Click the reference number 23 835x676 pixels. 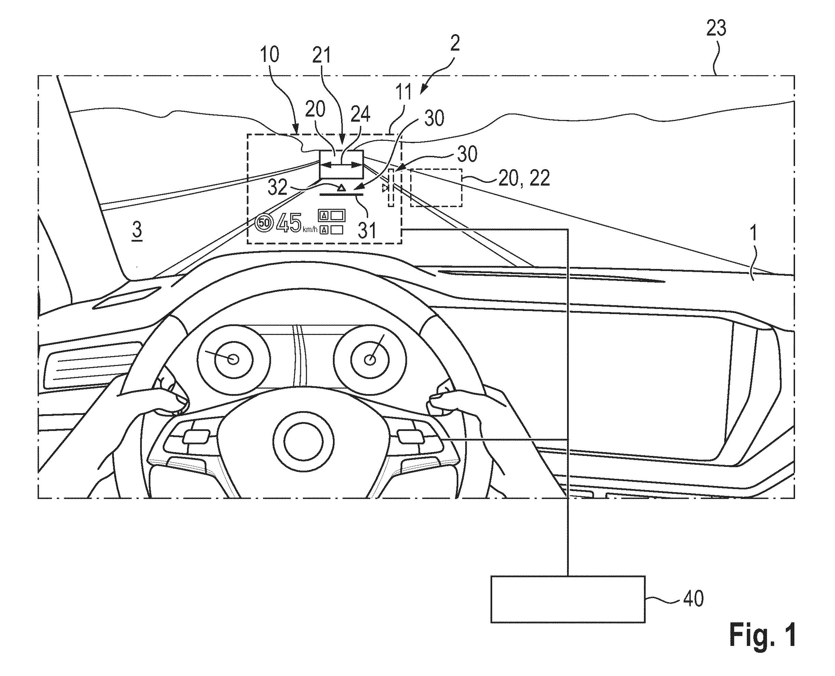tap(716, 28)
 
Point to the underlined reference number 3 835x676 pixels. tap(137, 231)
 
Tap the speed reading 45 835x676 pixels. tap(288, 223)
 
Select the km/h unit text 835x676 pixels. tap(310, 230)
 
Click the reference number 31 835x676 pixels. tap(367, 230)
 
